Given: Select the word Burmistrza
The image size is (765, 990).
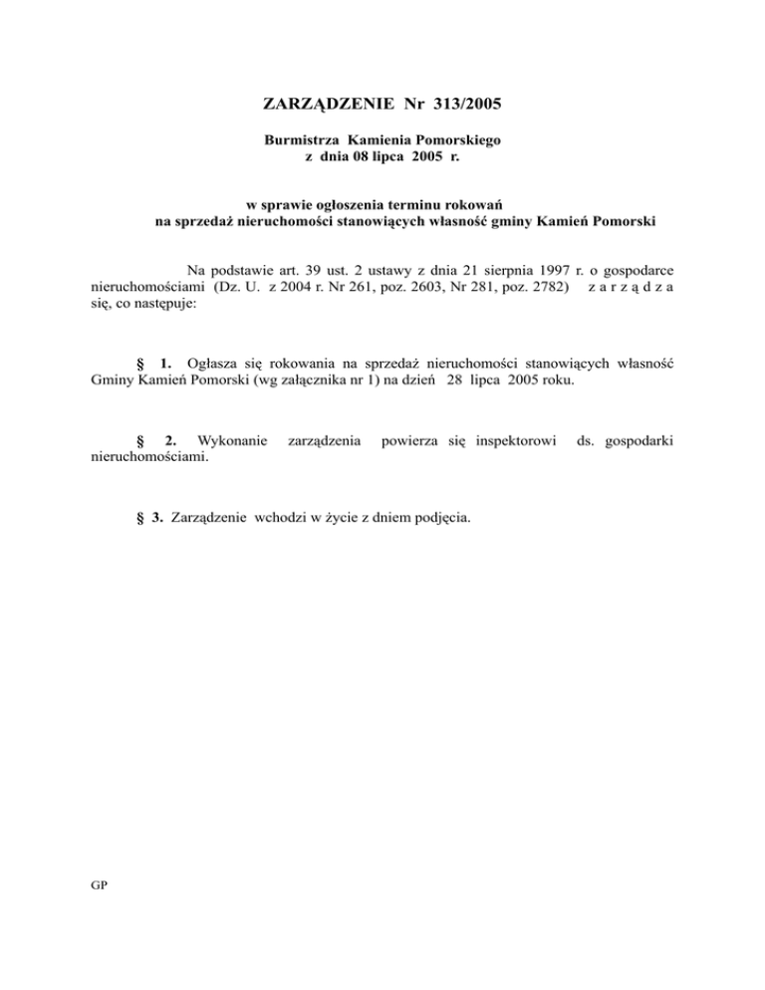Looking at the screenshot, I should (x=297, y=142).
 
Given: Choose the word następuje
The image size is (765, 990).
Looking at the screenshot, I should (x=162, y=306).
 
